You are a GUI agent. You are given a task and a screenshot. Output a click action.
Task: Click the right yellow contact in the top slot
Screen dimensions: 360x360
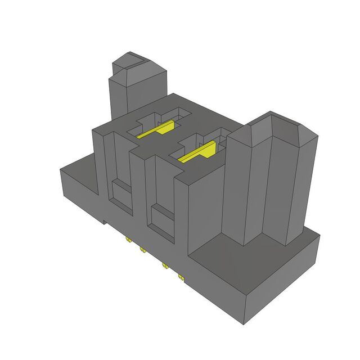click(x=198, y=152)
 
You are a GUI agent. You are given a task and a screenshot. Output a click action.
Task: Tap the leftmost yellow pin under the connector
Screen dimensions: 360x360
click(x=128, y=240)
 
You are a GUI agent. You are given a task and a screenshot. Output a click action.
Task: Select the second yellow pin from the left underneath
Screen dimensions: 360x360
click(x=143, y=249)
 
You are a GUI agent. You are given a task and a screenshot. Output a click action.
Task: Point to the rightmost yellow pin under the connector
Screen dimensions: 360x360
click(x=181, y=277)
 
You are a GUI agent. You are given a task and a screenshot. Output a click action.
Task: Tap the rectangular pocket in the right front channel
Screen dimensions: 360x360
click(x=162, y=219)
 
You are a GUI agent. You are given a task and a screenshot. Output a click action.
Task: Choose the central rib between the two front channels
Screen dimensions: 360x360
click(x=137, y=186)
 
